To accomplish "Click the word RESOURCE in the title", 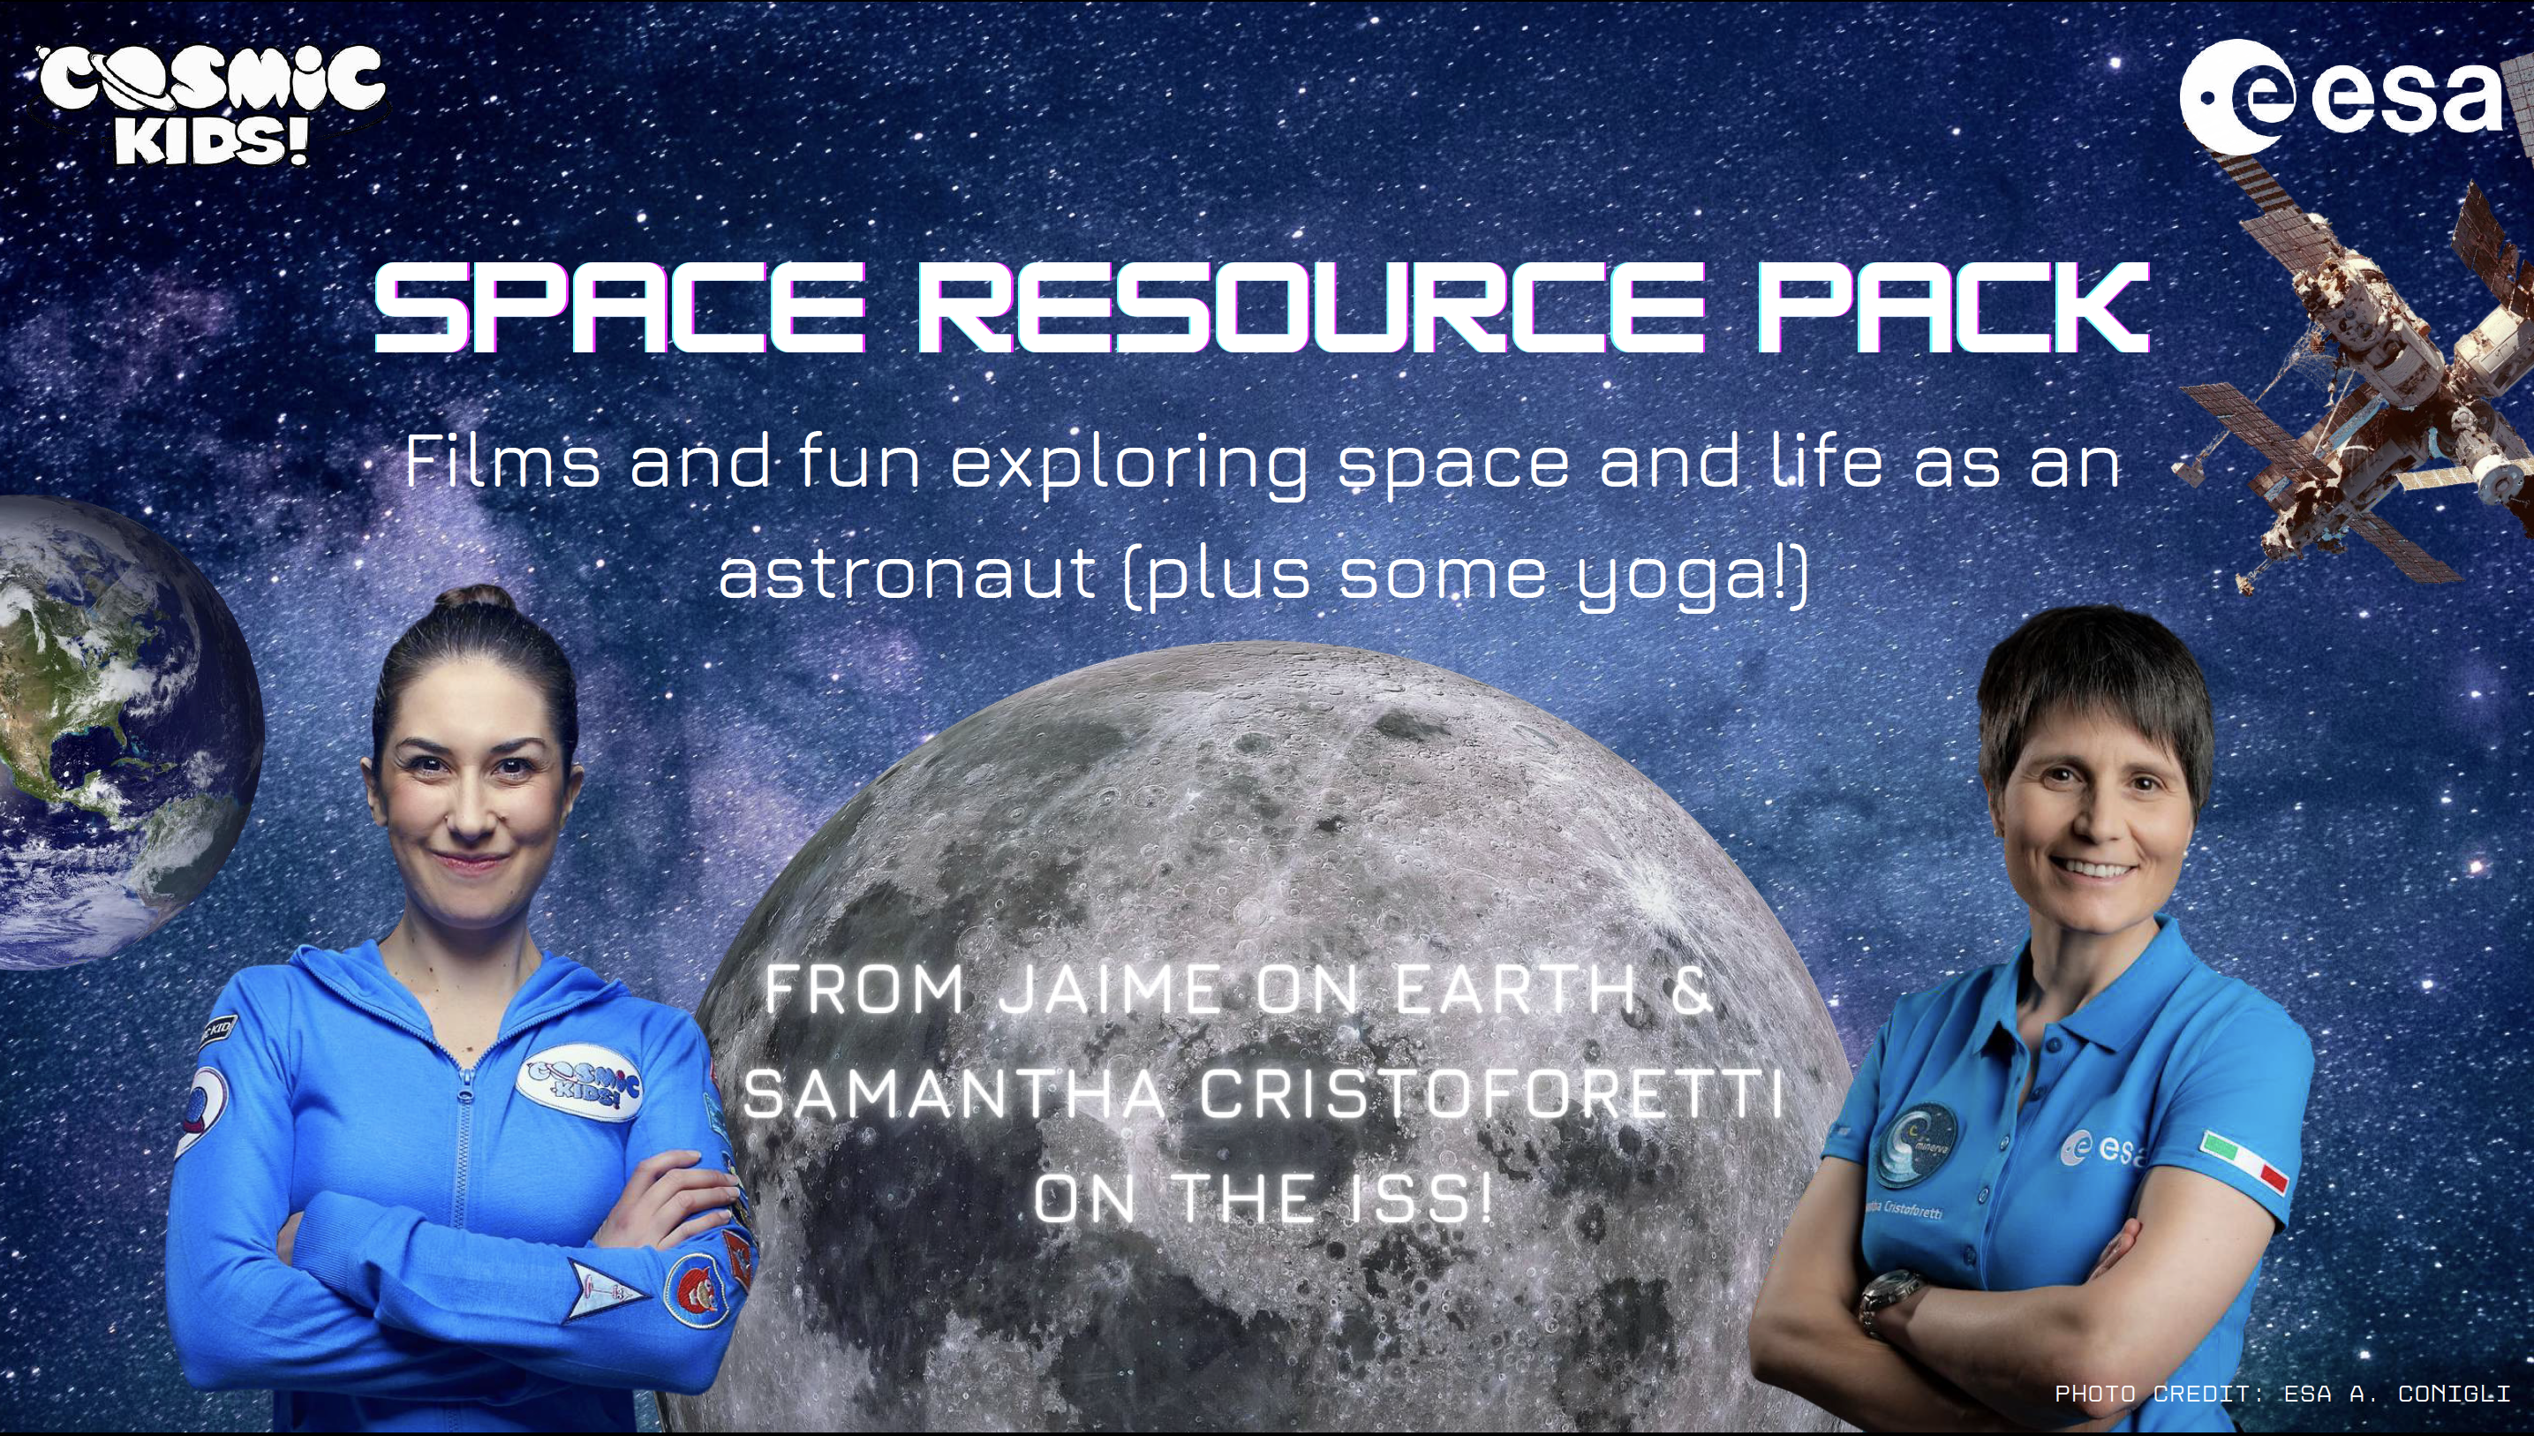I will pyautogui.click(x=1310, y=309).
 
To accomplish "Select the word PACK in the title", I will pyautogui.click(x=1951, y=309).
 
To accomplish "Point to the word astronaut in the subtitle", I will pyautogui.click(x=907, y=573).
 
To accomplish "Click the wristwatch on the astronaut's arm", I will pyautogui.click(x=1889, y=1300).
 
